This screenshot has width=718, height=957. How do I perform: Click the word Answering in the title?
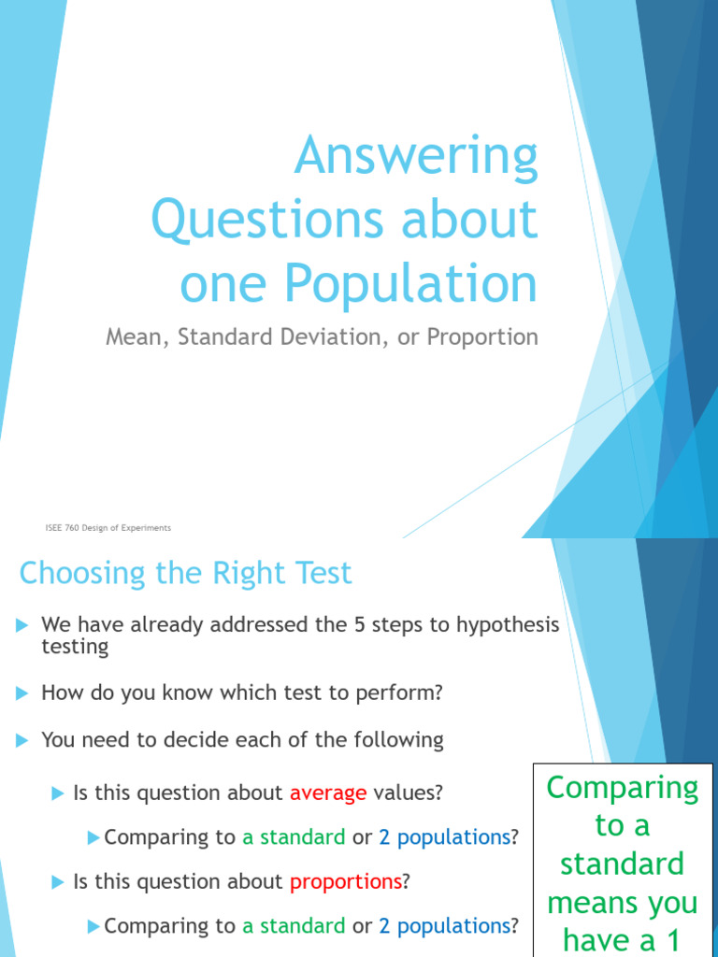[416, 158]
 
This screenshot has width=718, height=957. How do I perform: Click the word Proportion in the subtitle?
[482, 337]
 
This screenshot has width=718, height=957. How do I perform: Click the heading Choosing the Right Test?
[185, 572]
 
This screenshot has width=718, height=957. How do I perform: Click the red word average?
[327, 793]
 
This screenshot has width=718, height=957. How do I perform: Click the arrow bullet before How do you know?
[22, 693]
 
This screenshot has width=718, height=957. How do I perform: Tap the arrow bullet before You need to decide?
[22, 740]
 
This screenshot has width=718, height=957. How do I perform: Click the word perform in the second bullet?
[401, 693]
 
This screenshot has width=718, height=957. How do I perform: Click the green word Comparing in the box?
[622, 788]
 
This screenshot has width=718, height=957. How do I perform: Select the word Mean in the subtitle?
[133, 337]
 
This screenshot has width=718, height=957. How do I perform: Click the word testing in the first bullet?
[75, 647]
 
